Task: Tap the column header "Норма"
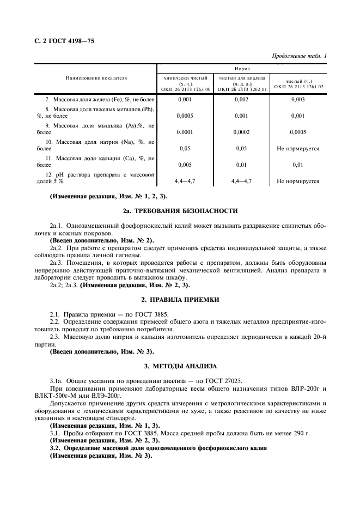tap(242, 69)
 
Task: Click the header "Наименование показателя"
tap(97, 78)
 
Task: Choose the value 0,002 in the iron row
tap(241, 100)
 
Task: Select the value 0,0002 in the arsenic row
tap(241, 132)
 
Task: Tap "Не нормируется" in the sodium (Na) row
tap(298, 148)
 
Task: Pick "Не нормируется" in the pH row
tap(298, 180)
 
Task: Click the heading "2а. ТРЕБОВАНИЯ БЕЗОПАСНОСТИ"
tap(180, 210)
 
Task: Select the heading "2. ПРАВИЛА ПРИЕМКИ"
tap(180, 300)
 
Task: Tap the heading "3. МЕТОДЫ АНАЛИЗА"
tap(180, 366)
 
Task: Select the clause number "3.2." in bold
tap(56, 447)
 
